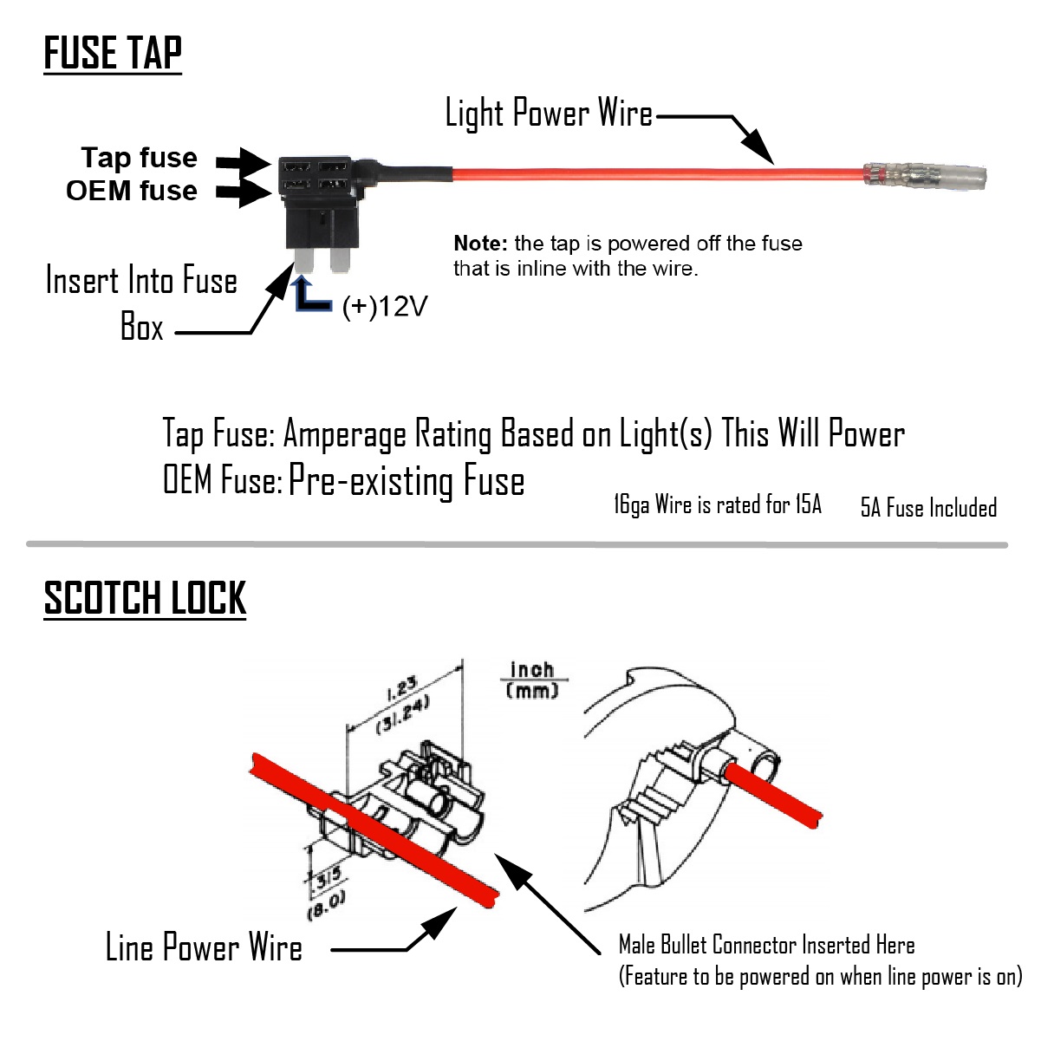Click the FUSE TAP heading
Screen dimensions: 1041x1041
click(x=113, y=54)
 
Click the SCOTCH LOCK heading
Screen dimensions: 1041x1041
click(x=145, y=599)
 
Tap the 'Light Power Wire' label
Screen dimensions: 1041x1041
click(x=548, y=114)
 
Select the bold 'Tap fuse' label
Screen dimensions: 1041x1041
click(x=139, y=158)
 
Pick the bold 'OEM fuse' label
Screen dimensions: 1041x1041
click(x=132, y=191)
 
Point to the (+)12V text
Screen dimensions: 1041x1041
click(x=385, y=307)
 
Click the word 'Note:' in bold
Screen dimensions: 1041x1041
click(x=480, y=244)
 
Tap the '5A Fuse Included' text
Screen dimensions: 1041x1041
click(x=928, y=508)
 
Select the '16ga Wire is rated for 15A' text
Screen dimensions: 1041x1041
click(x=717, y=504)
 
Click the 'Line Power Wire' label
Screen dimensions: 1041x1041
click(x=204, y=947)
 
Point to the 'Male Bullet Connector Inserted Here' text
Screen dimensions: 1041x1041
click(x=766, y=945)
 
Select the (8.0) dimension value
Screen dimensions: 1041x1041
click(x=326, y=906)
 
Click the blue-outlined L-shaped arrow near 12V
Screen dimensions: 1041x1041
click(x=310, y=295)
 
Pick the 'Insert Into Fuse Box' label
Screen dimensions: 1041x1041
click(x=141, y=303)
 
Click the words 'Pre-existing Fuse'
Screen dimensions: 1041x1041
click(x=407, y=481)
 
